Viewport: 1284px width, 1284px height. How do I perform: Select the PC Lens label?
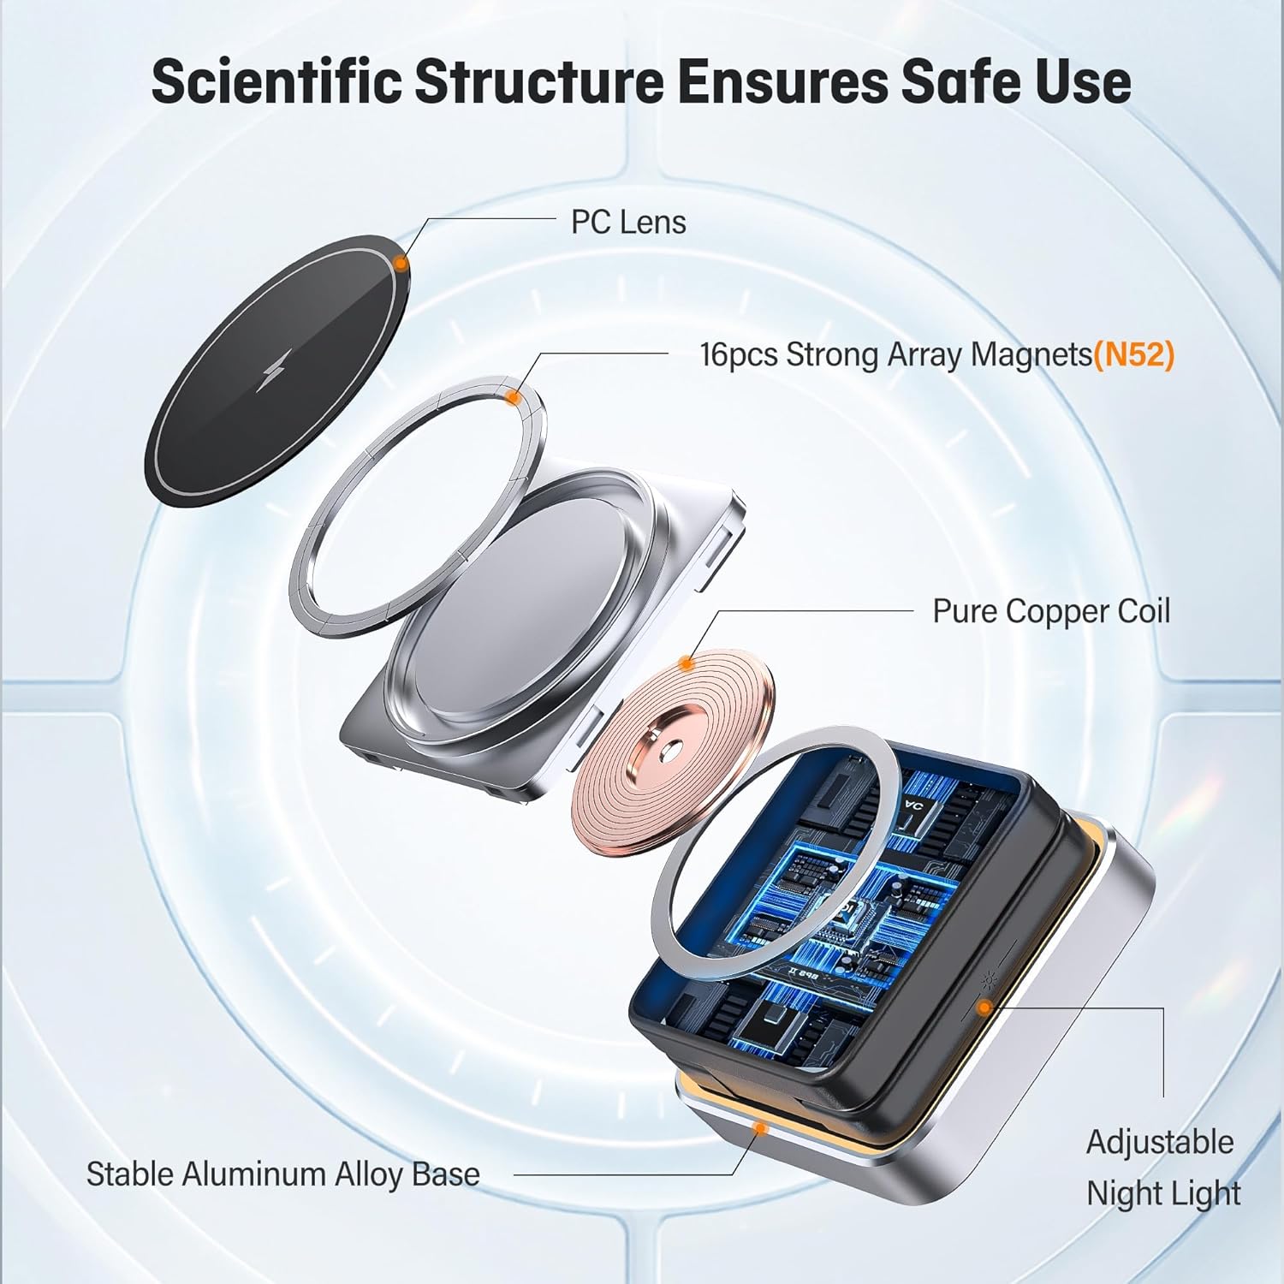point(628,223)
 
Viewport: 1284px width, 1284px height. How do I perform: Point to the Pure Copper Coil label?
point(1050,611)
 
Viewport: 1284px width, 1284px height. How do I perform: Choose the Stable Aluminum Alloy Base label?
point(282,1174)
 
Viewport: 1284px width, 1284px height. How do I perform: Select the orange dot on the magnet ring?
point(513,396)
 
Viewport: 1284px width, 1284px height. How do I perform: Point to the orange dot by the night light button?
point(984,1008)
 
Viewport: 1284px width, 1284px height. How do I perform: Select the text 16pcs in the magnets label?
point(739,354)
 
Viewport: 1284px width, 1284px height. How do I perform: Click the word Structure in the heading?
point(539,82)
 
